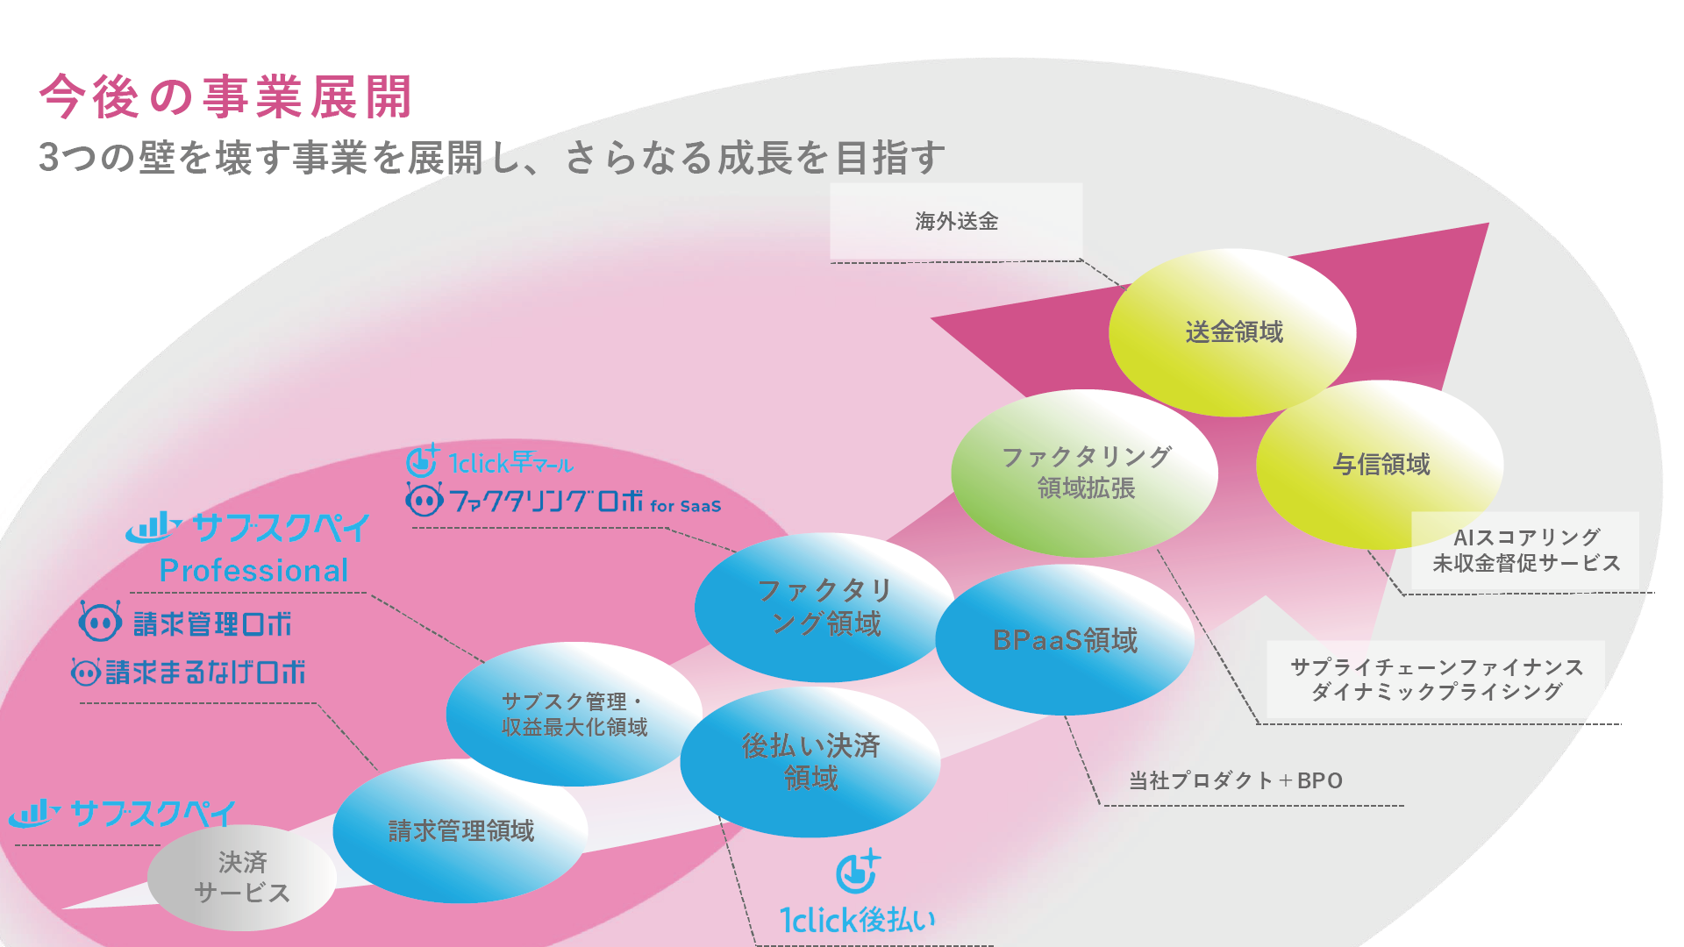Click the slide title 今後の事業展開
point(225,96)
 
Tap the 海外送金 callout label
point(957,221)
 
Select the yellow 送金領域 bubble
point(1232,332)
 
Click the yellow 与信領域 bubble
point(1380,464)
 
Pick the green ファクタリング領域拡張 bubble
point(1085,473)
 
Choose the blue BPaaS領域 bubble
point(1065,639)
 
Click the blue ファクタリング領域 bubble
point(824,607)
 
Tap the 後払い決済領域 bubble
point(810,761)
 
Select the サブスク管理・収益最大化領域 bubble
point(574,714)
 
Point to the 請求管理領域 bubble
point(460,830)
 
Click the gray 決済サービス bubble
point(242,877)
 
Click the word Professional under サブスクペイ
point(253,571)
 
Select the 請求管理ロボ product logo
point(185,623)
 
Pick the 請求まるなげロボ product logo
point(189,673)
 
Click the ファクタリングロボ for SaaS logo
point(563,501)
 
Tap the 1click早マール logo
point(489,461)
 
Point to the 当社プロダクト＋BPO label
point(1236,780)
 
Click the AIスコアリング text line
point(1527,537)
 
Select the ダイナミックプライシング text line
point(1437,692)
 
